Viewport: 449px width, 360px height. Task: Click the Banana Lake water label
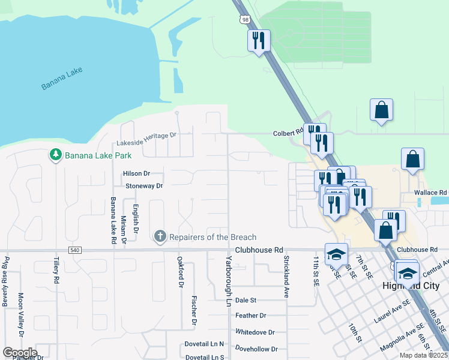pyautogui.click(x=62, y=79)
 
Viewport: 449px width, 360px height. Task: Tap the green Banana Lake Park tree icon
pyautogui.click(x=56, y=155)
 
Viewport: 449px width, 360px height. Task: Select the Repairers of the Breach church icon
pyautogui.click(x=160, y=237)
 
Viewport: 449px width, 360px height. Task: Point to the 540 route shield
pyautogui.click(x=74, y=250)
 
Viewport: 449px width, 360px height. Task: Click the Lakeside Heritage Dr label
pyautogui.click(x=146, y=139)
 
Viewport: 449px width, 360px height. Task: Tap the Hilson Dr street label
pyautogui.click(x=136, y=173)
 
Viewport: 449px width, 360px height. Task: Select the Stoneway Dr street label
pyautogui.click(x=144, y=186)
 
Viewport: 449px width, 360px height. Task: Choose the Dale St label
pyautogui.click(x=246, y=300)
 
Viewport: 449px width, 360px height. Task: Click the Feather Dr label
pyautogui.click(x=250, y=316)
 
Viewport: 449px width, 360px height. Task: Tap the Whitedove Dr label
pyautogui.click(x=255, y=332)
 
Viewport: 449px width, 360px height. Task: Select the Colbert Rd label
pyautogui.click(x=289, y=133)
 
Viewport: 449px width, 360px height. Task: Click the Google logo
pyautogui.click(x=20, y=353)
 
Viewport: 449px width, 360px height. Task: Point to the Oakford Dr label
pyautogui.click(x=179, y=272)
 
